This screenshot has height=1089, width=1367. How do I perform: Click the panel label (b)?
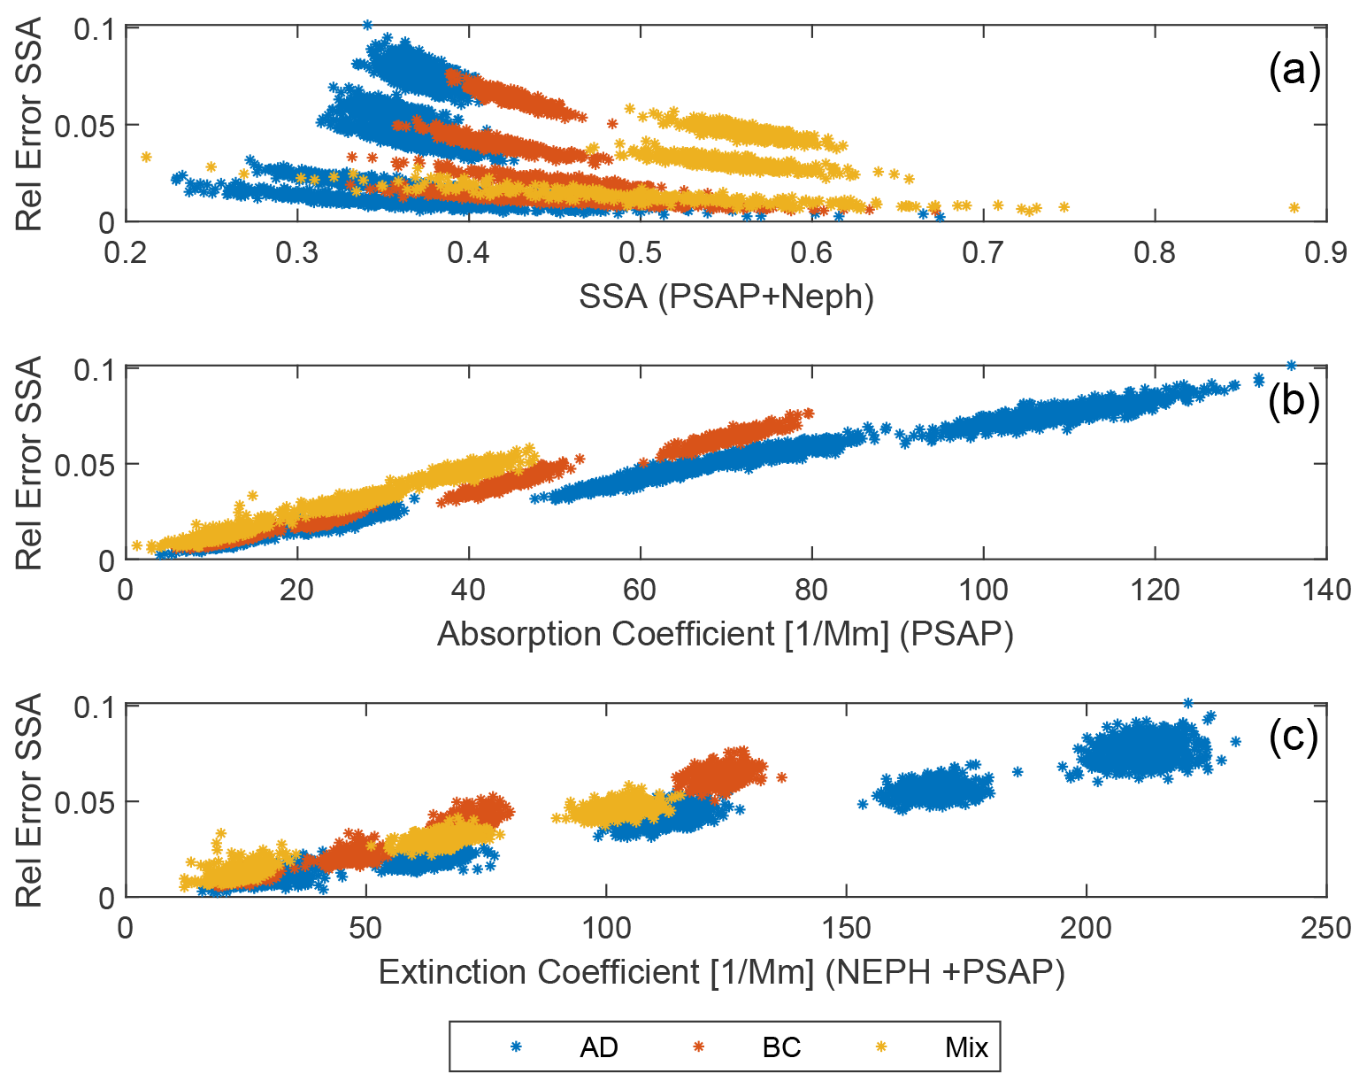[1294, 401]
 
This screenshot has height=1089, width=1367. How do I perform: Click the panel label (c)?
[1294, 736]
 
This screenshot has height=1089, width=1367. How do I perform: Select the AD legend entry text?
[599, 1047]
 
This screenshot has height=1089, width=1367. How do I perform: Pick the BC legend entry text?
[781, 1047]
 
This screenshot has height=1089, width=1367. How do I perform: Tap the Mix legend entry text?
[966, 1047]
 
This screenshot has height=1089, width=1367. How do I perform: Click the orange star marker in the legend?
[699, 1047]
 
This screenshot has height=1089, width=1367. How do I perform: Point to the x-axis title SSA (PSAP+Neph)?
[726, 297]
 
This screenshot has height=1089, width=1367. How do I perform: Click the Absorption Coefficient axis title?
[725, 634]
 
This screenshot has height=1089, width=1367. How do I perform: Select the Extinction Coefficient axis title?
[721, 972]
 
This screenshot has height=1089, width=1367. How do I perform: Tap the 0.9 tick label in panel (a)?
[1325, 253]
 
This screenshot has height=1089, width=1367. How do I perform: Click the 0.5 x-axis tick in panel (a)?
[640, 253]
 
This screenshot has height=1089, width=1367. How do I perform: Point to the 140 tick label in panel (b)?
[1325, 590]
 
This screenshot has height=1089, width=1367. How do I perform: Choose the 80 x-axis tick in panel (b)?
[811, 590]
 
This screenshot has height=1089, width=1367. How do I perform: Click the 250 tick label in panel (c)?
[1325, 928]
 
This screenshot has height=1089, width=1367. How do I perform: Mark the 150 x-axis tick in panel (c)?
[846, 928]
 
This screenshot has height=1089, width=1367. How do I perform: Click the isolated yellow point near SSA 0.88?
[1294, 208]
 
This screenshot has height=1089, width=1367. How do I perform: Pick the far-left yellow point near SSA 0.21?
[146, 158]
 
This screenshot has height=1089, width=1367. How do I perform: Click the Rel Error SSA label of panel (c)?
[30, 800]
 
